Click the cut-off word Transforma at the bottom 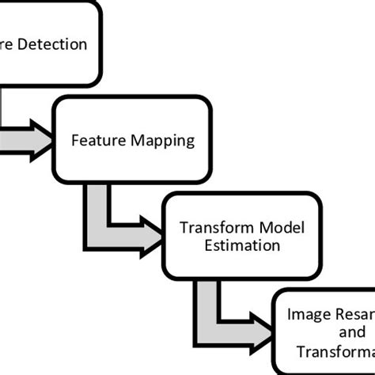[x=335, y=350]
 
